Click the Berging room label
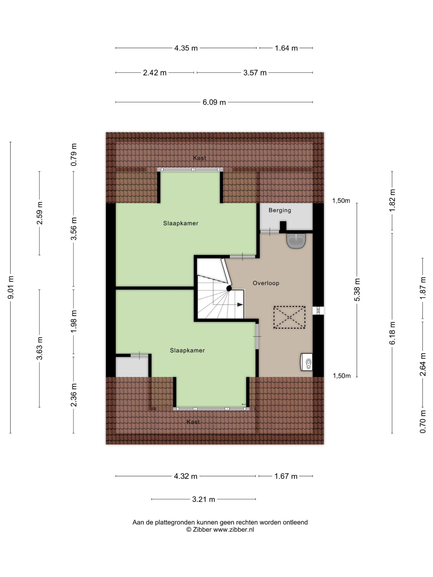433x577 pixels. tap(280, 210)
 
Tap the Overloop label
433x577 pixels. tap(266, 283)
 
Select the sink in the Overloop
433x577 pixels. tap(296, 241)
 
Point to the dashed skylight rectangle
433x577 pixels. tap(289, 317)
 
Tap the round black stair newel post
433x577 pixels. tap(229, 288)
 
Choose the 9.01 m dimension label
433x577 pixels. tap(11, 287)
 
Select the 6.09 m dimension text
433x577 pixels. tap(214, 102)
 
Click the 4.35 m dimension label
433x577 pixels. tap(186, 48)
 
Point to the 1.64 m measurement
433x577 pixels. tap(286, 48)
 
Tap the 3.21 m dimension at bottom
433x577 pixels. tap(204, 499)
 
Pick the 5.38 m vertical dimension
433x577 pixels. tap(357, 290)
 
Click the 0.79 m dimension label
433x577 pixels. tap(74, 155)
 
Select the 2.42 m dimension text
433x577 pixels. tap(155, 73)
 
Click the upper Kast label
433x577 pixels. tap(200, 158)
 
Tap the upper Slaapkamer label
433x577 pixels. tap(181, 223)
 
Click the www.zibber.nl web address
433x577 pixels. tap(234, 529)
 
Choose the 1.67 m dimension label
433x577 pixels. tap(286, 476)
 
